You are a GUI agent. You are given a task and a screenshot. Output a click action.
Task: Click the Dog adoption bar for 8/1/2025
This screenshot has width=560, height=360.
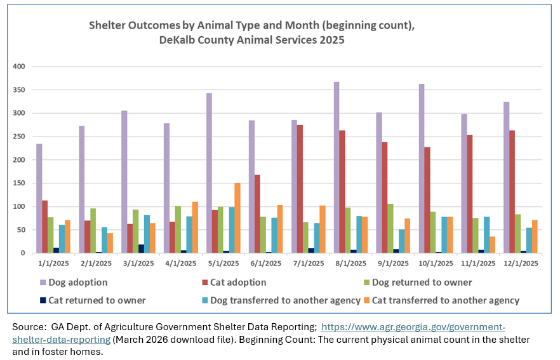337,168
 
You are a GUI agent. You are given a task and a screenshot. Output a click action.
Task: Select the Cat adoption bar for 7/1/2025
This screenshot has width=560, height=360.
300,189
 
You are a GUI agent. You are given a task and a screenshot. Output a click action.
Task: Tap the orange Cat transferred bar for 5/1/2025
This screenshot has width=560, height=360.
237,218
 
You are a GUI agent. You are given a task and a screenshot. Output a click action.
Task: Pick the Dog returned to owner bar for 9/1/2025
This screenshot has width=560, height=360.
390,229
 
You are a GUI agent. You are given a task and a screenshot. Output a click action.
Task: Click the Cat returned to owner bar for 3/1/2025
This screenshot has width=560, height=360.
141,249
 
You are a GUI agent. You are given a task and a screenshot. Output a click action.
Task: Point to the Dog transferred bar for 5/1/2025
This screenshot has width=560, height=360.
232,230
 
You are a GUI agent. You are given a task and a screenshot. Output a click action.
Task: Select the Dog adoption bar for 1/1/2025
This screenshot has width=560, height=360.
39,199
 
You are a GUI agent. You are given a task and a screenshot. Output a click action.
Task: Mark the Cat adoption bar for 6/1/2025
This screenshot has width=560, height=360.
257,214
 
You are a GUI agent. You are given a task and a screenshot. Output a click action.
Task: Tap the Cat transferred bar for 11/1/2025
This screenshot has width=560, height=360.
492,244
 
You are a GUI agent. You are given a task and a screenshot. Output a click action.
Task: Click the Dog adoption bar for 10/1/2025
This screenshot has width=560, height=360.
422,169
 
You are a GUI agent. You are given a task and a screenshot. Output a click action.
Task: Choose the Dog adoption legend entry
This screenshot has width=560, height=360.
74,283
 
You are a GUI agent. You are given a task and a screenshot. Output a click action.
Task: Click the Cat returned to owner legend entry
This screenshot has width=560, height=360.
93,300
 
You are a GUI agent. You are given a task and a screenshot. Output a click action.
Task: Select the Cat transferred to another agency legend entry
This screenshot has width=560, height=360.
441,300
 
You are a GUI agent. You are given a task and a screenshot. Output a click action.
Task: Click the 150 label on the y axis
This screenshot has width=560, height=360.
19,183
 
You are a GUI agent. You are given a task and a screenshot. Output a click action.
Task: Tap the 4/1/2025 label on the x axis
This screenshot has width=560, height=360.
181,263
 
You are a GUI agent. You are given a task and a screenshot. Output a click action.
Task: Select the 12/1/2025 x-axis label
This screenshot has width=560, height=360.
521,263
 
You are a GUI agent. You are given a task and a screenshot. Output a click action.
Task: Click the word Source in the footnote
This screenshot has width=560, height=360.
28,327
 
